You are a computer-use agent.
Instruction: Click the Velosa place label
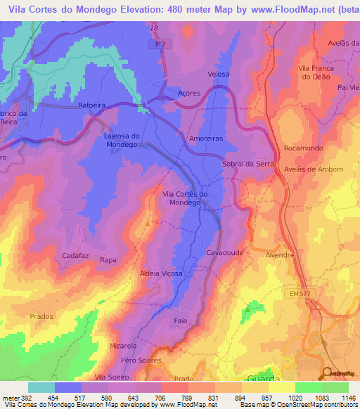219,74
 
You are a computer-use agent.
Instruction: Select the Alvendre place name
280,255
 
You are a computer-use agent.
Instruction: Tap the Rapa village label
108,260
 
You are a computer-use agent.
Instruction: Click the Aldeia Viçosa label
162,273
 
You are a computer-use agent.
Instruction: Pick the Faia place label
181,320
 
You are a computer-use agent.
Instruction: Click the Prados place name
41,316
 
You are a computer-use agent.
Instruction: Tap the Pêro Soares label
141,360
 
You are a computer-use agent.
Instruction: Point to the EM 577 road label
300,293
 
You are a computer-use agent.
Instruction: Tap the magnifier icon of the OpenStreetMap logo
326,373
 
